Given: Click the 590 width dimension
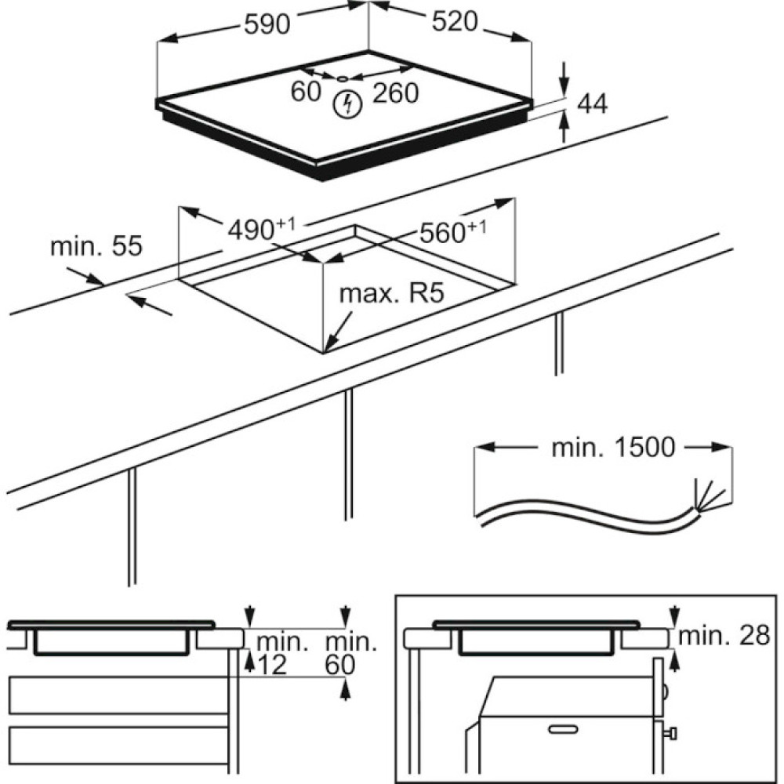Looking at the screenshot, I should pos(267,24).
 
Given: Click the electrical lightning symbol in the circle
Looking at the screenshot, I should pos(346,103).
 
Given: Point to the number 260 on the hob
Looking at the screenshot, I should pos(395,93).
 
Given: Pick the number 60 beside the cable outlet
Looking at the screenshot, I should pos(307,92).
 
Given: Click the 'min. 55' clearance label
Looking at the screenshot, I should pos(96,246).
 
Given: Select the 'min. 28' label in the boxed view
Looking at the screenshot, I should pos(724,636).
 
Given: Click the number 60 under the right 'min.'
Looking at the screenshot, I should pos(340,666).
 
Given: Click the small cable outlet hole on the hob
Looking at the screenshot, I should pos(343,78).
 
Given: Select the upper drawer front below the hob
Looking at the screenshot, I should pos(117,695).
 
